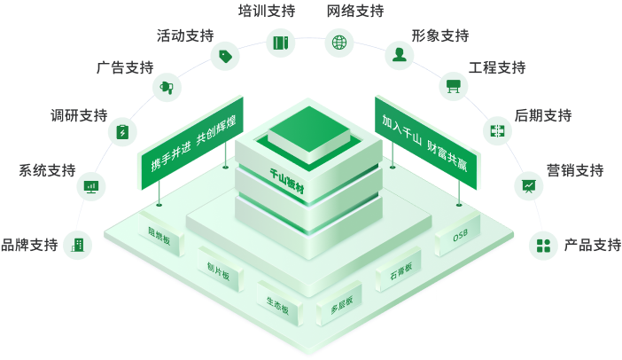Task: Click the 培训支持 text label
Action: click(x=266, y=11)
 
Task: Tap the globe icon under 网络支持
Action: click(x=338, y=42)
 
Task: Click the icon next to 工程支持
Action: click(x=453, y=86)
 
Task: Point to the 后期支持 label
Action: click(x=542, y=115)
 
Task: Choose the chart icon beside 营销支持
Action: click(x=529, y=185)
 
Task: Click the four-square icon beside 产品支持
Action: click(x=542, y=245)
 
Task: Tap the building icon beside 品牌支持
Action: click(x=78, y=245)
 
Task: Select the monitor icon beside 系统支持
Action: click(x=91, y=185)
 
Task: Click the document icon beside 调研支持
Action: click(x=122, y=132)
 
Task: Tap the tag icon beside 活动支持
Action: click(x=223, y=56)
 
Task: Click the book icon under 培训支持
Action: click(x=281, y=42)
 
